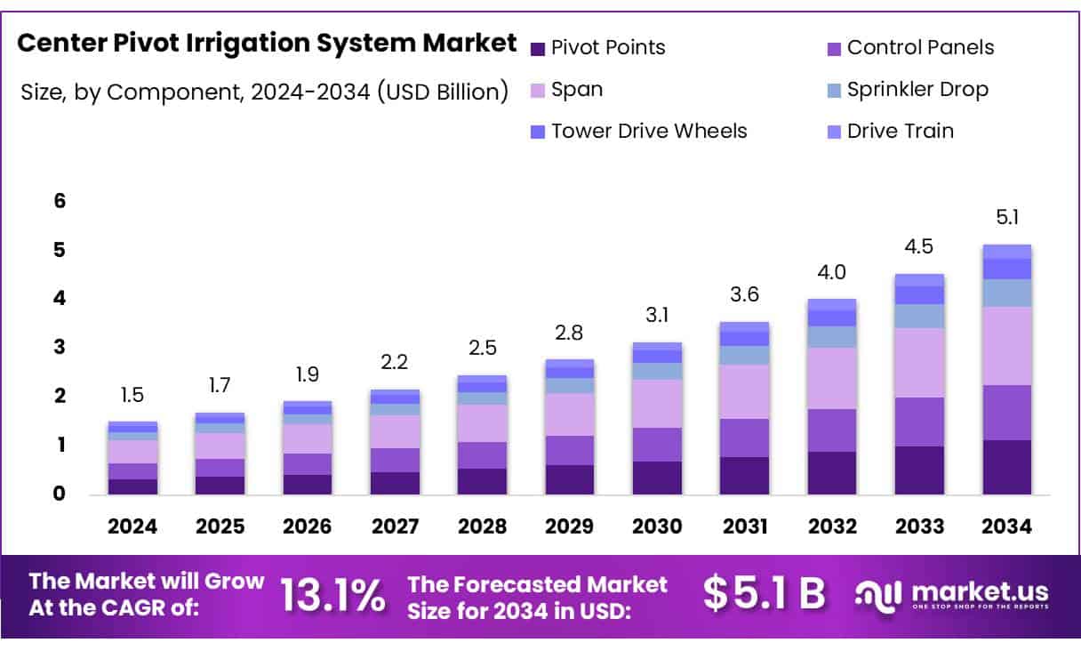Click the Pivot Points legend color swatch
click(x=537, y=48)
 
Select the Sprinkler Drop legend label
click(x=917, y=89)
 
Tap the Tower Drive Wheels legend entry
click(x=649, y=131)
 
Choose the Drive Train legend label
click(x=900, y=131)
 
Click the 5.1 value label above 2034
click(x=1006, y=217)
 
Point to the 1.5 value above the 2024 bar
click(x=132, y=395)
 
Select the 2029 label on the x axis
click(x=569, y=526)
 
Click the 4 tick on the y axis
click(x=60, y=298)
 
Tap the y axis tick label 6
click(x=60, y=201)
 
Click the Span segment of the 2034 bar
click(x=1006, y=345)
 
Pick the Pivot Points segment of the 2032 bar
click(x=831, y=472)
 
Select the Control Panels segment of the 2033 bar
click(x=919, y=422)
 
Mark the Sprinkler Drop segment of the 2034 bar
click(x=1006, y=293)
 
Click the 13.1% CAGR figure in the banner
click(x=333, y=594)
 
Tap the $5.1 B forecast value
click(x=764, y=594)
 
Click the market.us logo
click(x=951, y=594)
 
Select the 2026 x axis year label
click(x=307, y=526)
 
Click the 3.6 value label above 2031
click(x=744, y=294)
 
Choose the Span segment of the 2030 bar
click(x=657, y=403)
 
